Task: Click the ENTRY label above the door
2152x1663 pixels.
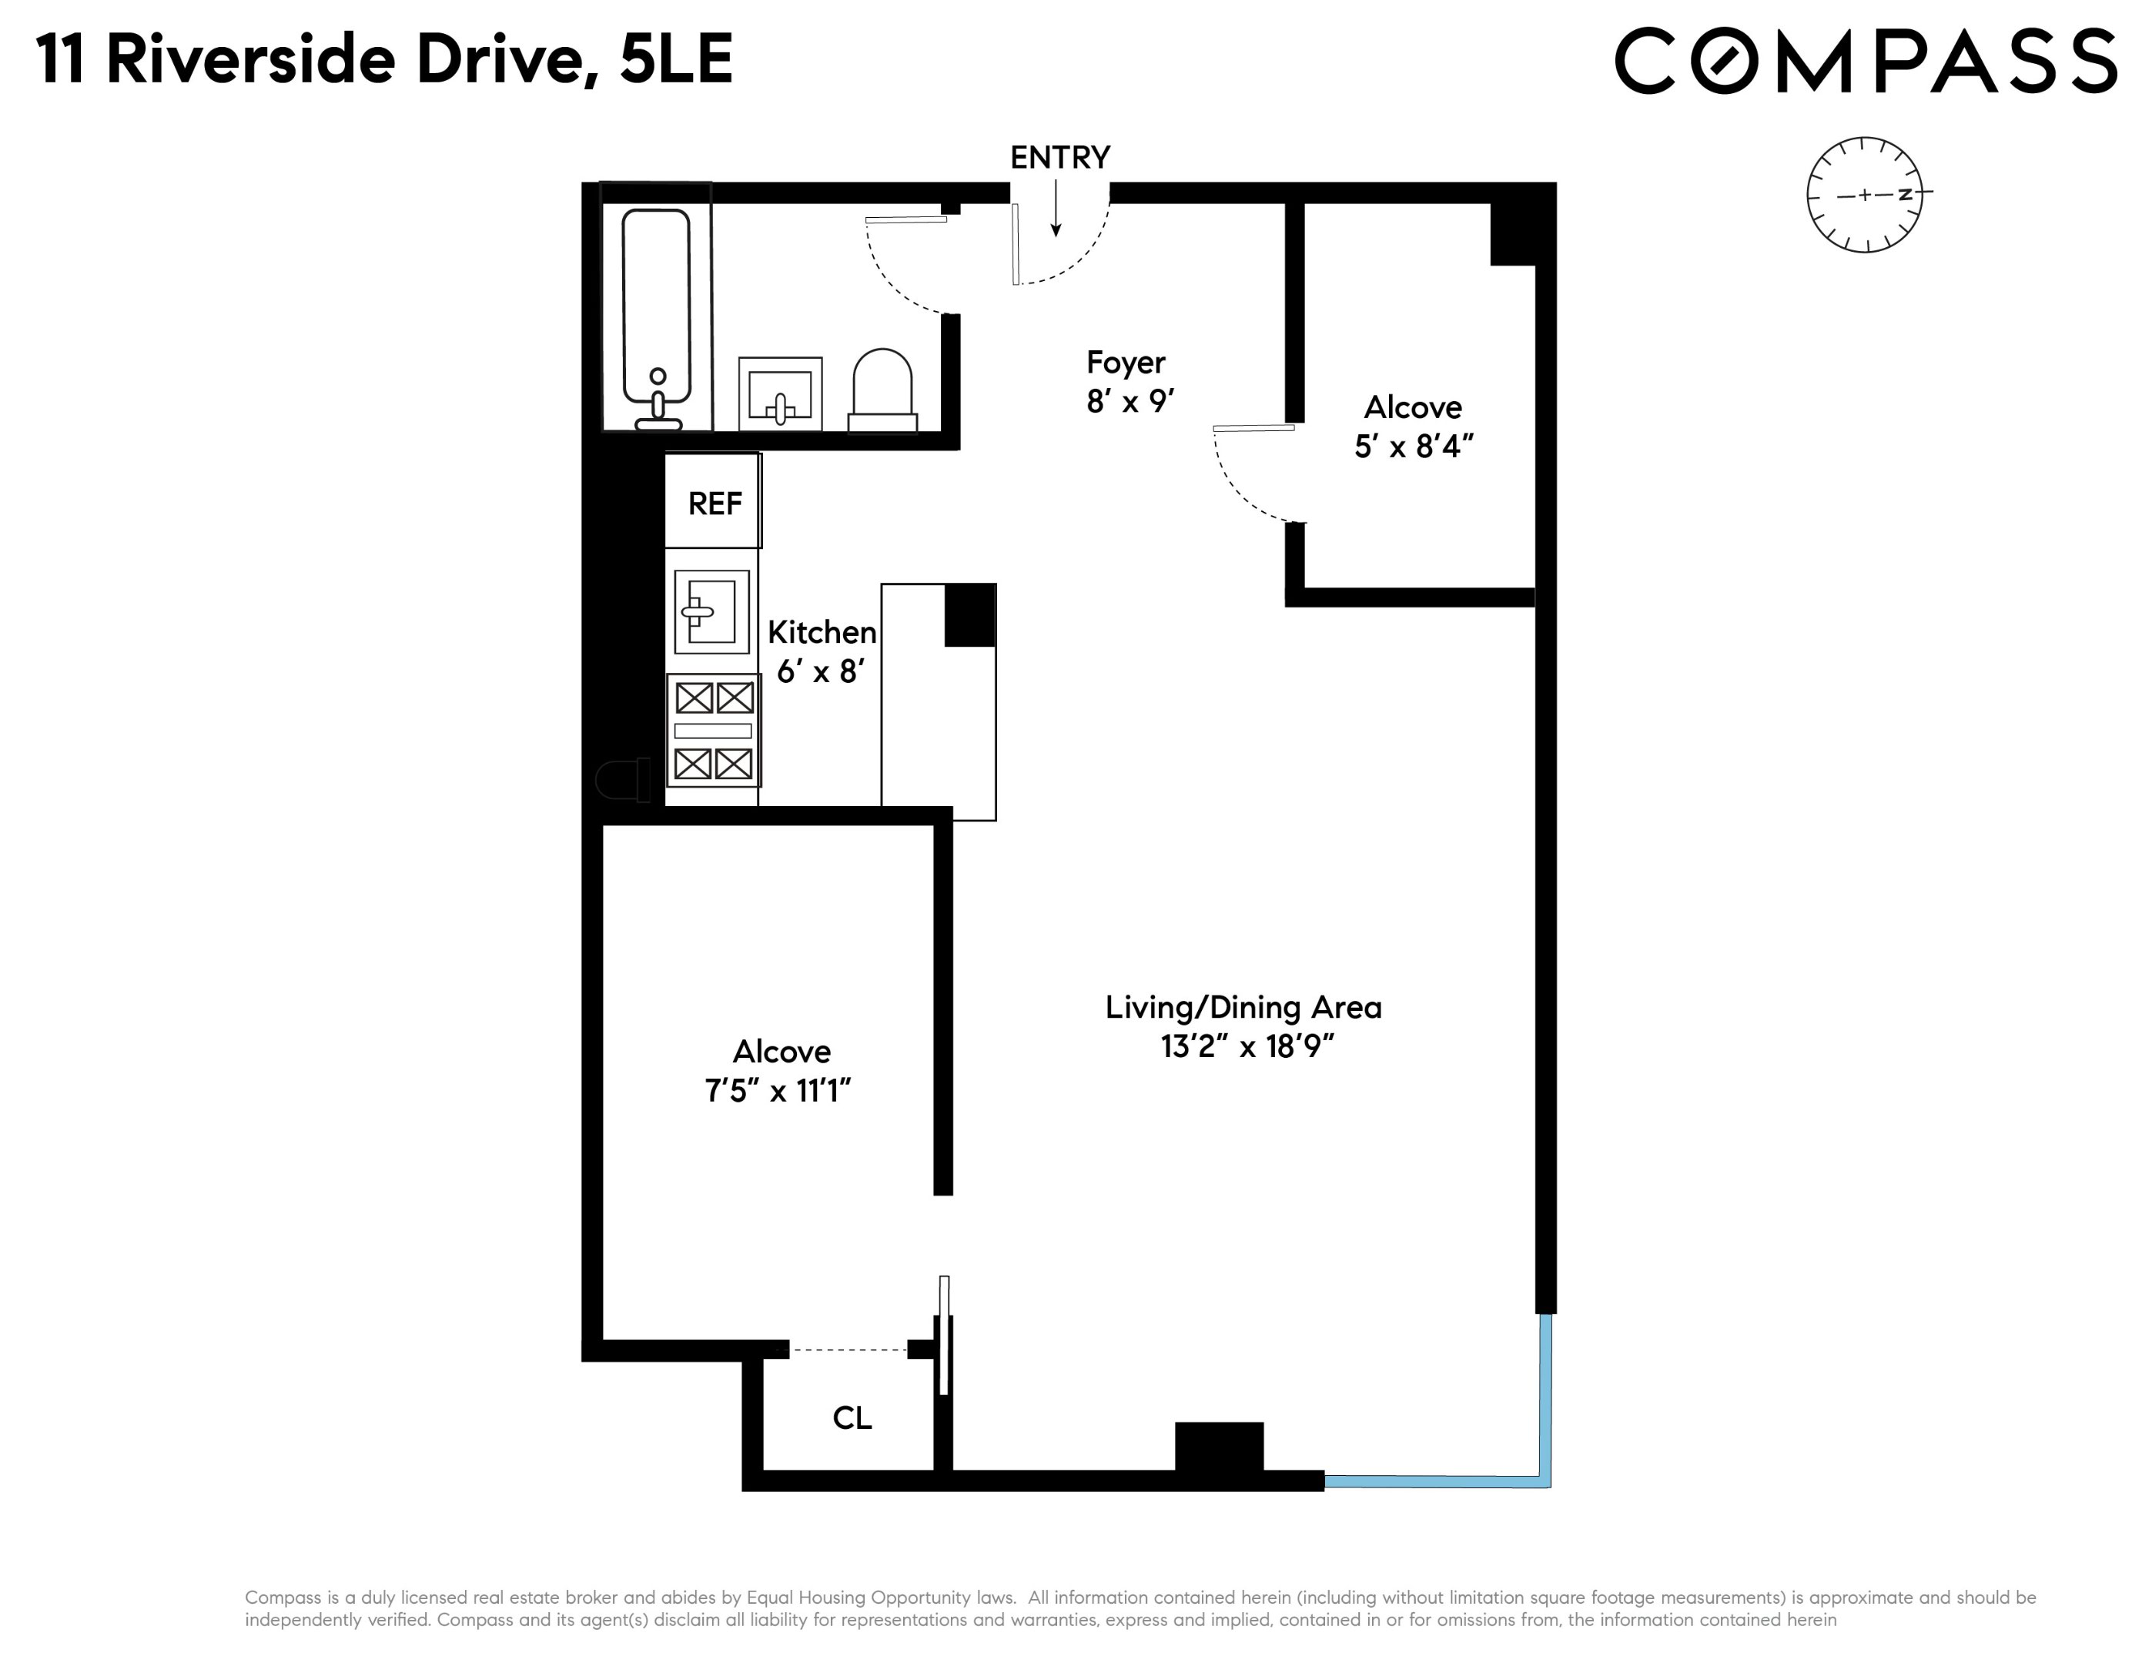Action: (x=1059, y=158)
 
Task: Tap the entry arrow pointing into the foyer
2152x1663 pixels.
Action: (x=1056, y=209)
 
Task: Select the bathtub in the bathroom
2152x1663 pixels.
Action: (x=656, y=315)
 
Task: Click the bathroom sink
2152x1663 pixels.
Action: (x=779, y=394)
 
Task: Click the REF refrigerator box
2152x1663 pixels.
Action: (x=714, y=503)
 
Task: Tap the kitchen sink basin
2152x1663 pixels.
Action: (x=711, y=611)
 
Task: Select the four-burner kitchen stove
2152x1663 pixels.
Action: (x=714, y=730)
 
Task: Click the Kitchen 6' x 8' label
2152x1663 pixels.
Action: (x=821, y=651)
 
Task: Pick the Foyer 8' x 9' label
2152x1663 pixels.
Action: (x=1127, y=381)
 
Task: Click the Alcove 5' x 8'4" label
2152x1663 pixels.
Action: (x=1412, y=427)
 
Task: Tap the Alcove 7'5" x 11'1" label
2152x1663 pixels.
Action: (x=779, y=1071)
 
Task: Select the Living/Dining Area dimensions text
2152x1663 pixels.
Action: (x=1247, y=1046)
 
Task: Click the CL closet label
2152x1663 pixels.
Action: (x=852, y=1417)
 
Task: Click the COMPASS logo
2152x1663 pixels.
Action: (x=1864, y=61)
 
